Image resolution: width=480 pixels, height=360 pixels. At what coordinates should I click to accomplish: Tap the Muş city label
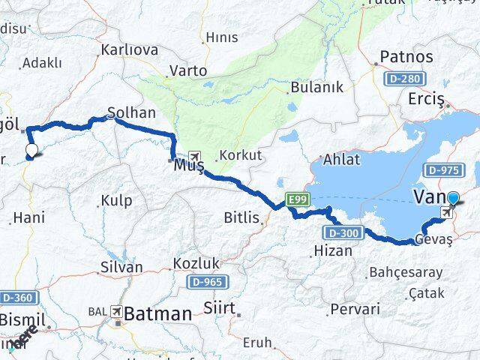pos(188,166)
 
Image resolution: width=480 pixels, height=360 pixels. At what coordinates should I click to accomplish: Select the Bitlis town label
pos(241,218)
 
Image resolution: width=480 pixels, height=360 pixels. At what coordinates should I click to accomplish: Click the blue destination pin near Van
pos(454,199)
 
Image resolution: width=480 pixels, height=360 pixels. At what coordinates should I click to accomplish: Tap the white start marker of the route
pos(31,151)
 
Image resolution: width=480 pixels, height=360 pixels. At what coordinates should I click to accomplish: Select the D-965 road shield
pos(209,282)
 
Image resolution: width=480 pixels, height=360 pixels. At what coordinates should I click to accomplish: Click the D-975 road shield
pos(445,170)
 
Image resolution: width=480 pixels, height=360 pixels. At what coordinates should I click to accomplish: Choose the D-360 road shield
pos(16,298)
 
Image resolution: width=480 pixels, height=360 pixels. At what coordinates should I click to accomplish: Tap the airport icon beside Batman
pos(116,311)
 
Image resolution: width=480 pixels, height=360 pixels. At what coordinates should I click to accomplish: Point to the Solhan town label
pos(131,112)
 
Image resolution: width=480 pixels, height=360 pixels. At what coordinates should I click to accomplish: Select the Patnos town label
pos(406,56)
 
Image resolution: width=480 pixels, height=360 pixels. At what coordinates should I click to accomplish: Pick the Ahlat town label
pos(341,159)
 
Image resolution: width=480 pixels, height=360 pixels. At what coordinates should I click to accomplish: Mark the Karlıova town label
pos(129,49)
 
